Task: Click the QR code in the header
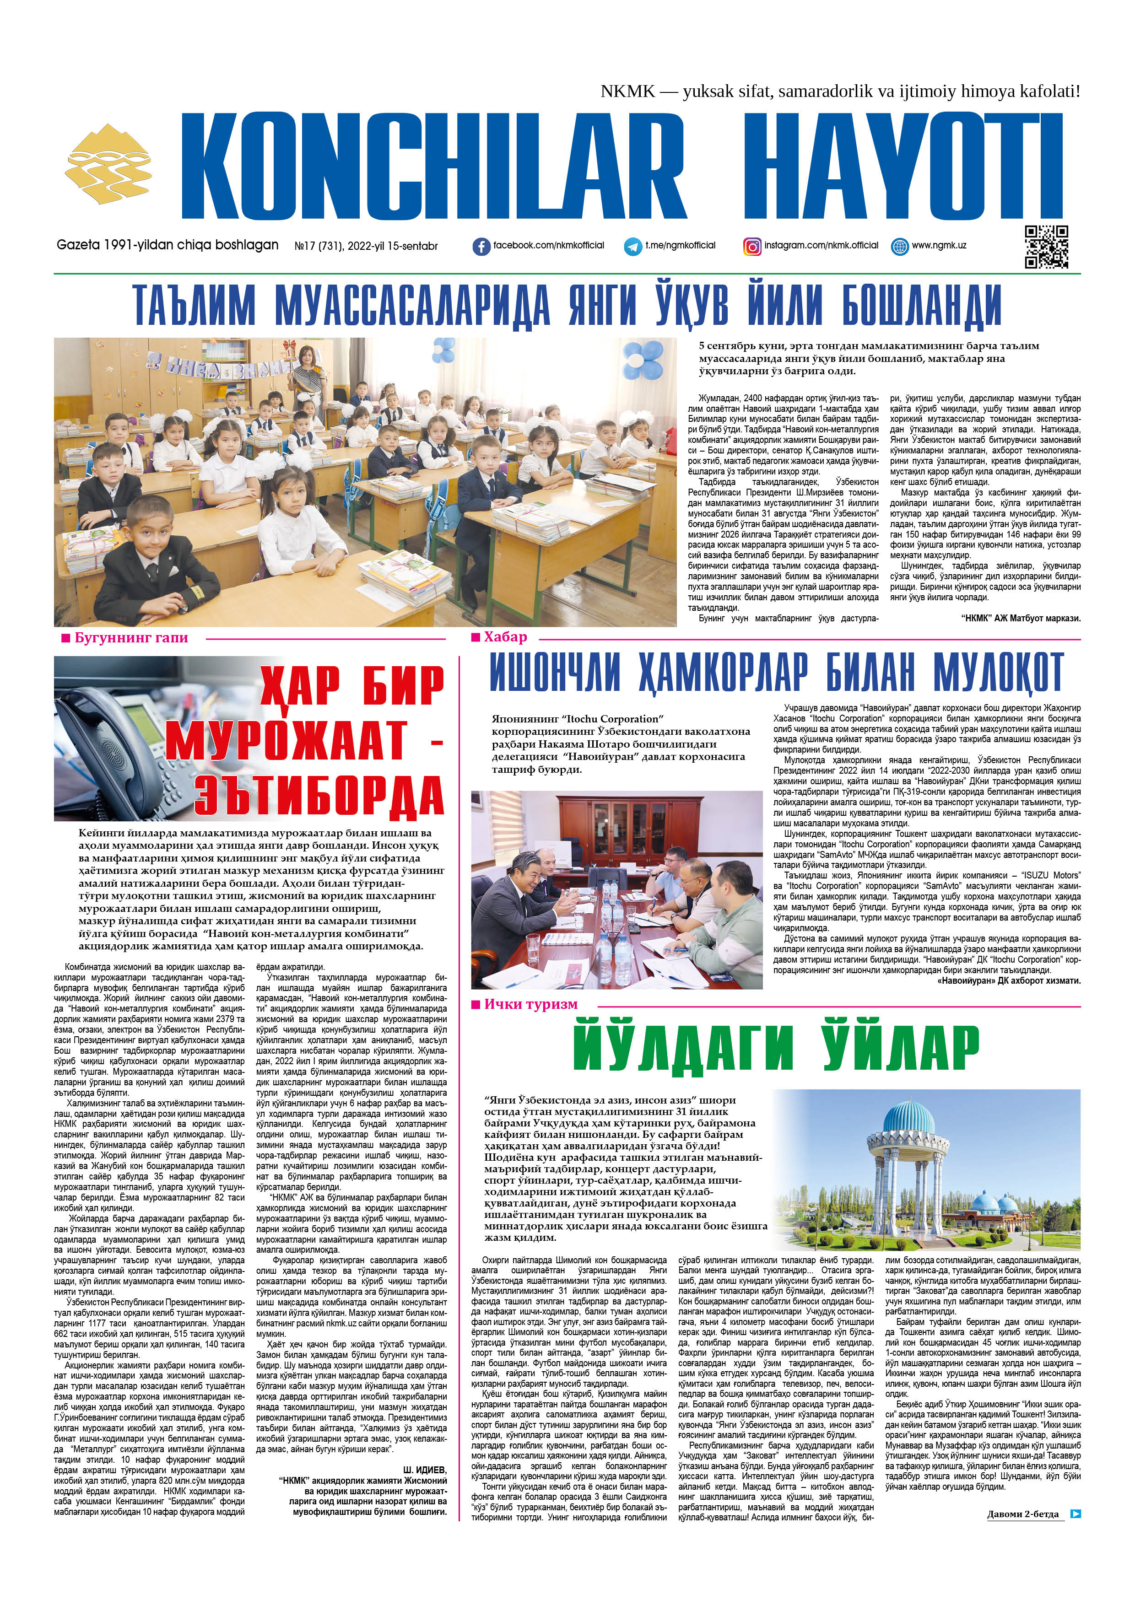click(1046, 246)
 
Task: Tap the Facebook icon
click(481, 246)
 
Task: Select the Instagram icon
click(752, 246)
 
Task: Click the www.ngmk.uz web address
click(939, 245)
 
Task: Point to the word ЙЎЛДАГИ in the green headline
click(682, 1046)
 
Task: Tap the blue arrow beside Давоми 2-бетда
click(1076, 1514)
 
